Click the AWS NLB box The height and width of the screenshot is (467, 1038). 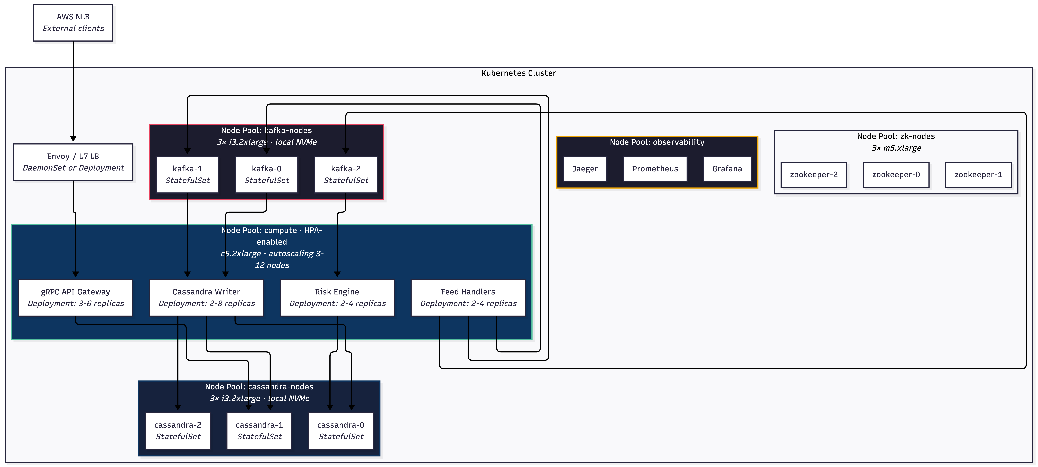pos(73,23)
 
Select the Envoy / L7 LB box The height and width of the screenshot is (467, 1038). pos(73,162)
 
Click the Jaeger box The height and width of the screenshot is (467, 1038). pos(585,169)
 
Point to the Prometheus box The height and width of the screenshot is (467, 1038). pos(655,169)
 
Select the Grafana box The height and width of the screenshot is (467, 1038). pos(727,169)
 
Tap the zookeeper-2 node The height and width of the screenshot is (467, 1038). pos(814,175)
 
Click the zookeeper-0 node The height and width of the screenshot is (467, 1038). pos(896,175)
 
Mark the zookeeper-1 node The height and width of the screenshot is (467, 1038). pos(978,175)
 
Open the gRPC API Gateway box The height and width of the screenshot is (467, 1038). pos(75,298)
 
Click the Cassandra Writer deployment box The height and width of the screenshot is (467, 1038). pos(206,298)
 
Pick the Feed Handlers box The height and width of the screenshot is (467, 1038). pos(468,298)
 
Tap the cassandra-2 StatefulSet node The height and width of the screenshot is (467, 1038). pos(178,431)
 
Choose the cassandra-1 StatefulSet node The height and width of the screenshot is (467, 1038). pos(259,431)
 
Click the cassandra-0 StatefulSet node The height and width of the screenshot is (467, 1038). pos(340,431)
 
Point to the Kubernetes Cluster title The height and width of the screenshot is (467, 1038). pos(519,73)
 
